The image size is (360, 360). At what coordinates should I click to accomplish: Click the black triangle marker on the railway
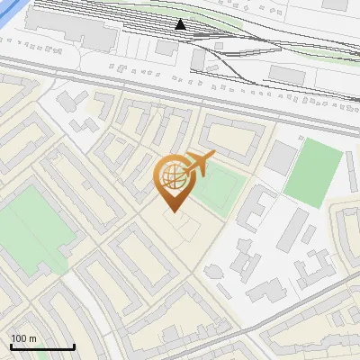tap(181, 24)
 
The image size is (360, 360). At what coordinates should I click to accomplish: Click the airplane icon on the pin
tap(198, 163)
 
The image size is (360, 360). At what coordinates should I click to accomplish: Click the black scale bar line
tap(42, 347)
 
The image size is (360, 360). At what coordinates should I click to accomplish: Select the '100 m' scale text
tap(24, 338)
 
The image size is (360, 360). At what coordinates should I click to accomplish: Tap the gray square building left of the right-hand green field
tap(280, 158)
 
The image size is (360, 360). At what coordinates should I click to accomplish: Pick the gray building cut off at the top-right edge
tap(334, 4)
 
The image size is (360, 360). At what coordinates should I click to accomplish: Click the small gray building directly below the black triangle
tap(199, 58)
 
